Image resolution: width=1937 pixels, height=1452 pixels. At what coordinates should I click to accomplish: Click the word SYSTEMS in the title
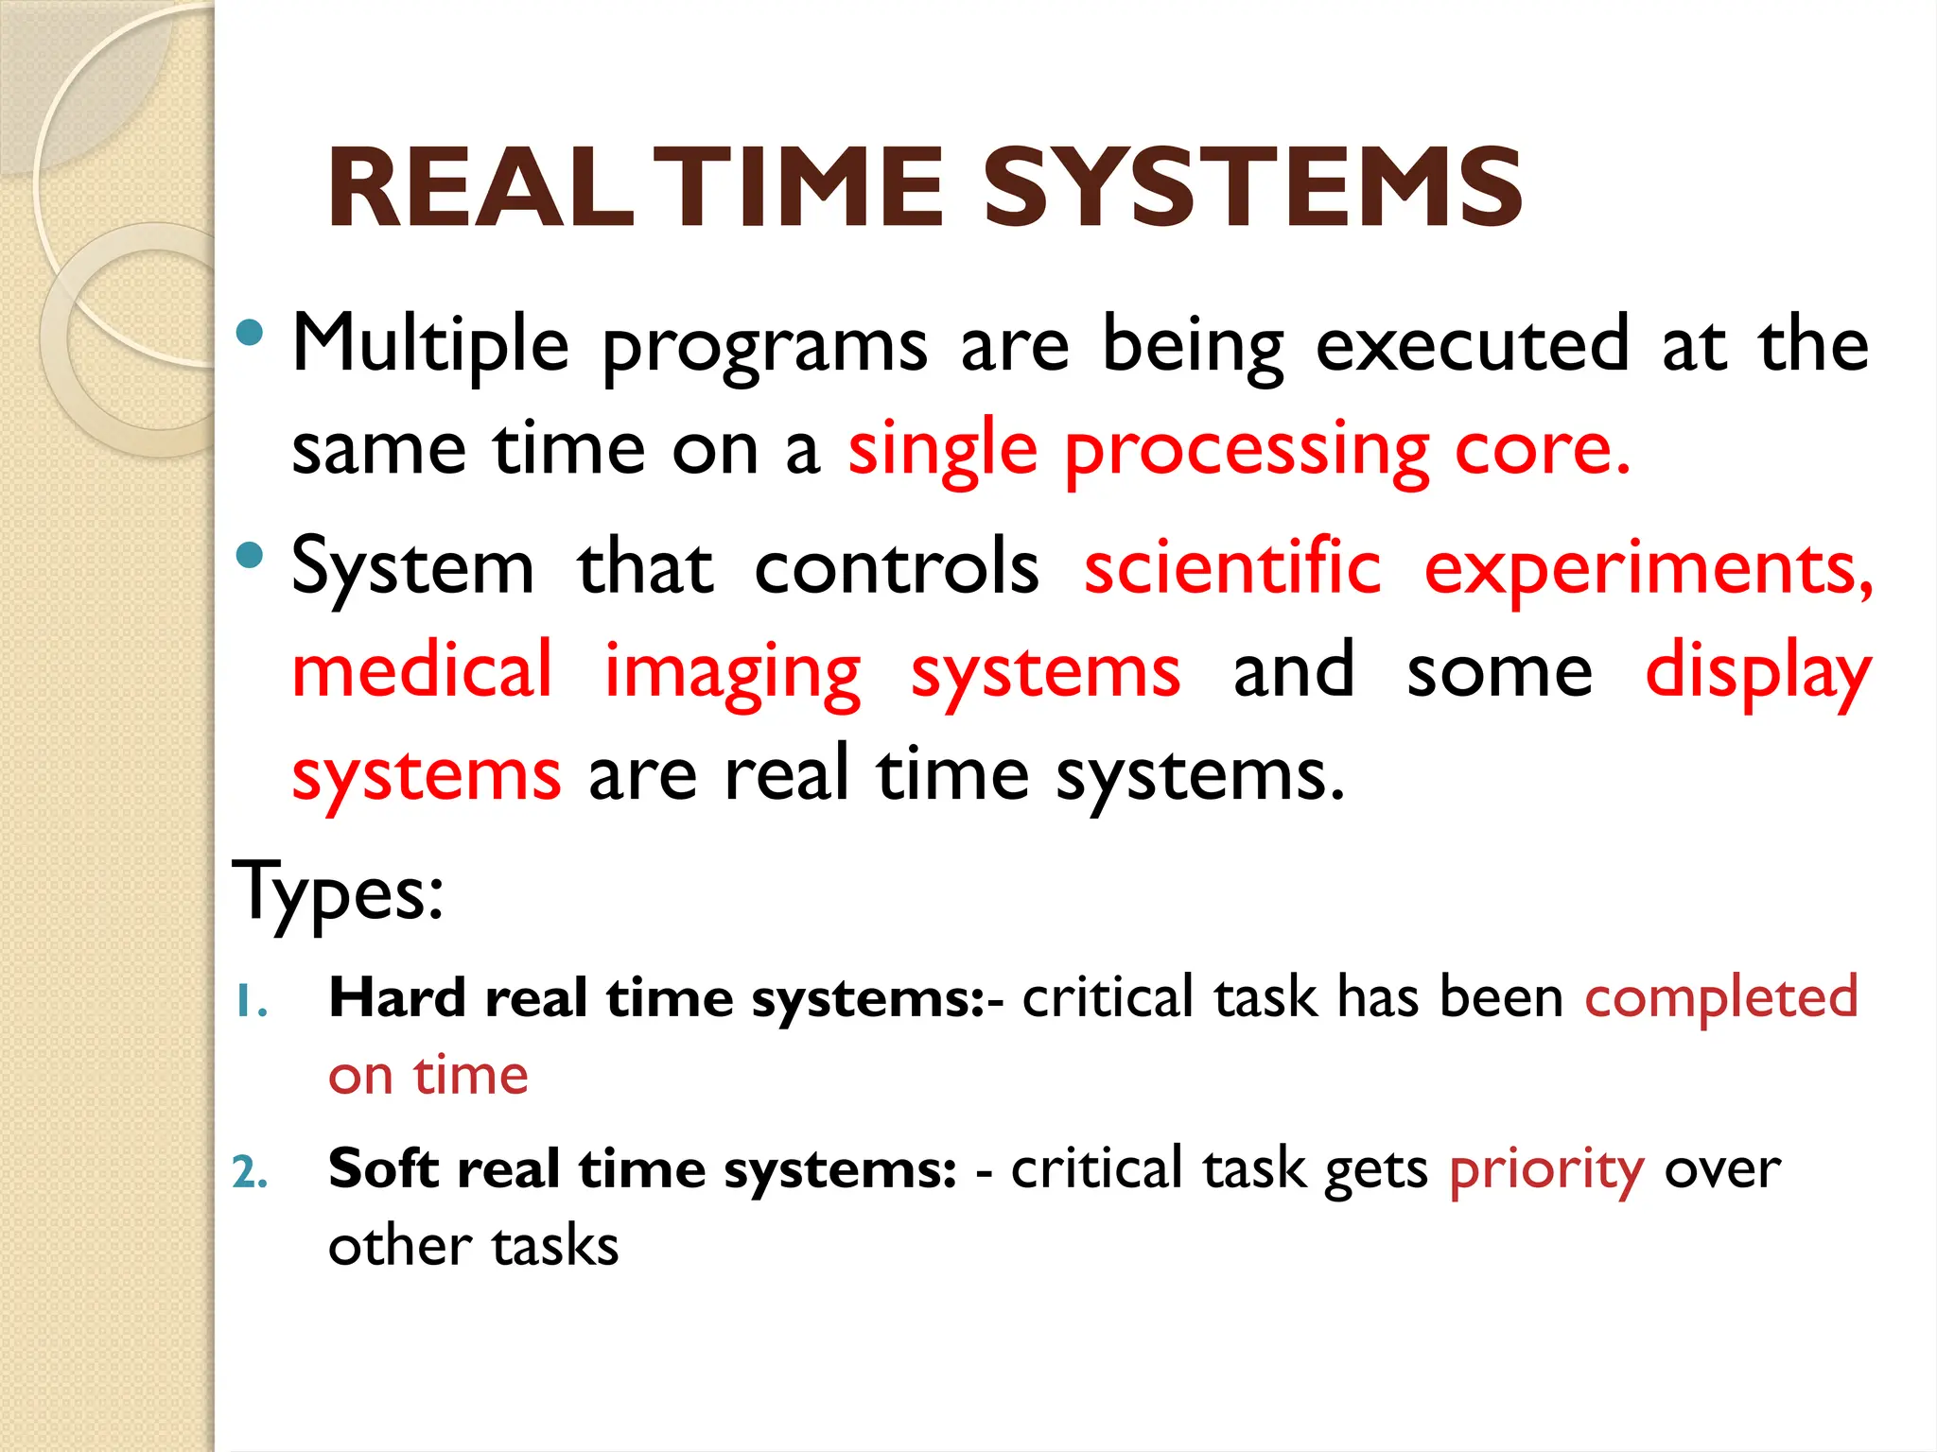click(1252, 188)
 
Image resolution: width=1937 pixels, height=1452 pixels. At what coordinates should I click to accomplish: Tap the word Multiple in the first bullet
click(430, 345)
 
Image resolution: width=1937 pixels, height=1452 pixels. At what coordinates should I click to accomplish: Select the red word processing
click(1247, 451)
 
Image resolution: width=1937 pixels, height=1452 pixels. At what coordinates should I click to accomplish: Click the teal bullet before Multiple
click(249, 333)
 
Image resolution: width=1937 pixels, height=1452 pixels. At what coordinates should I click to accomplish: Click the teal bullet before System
click(249, 556)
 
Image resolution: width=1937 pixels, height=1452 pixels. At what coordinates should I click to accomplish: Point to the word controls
click(897, 569)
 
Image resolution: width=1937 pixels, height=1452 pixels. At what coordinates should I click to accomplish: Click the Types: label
click(338, 892)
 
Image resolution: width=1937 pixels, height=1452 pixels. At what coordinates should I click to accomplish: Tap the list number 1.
click(251, 1003)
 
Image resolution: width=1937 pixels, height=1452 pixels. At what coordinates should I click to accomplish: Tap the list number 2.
click(251, 1173)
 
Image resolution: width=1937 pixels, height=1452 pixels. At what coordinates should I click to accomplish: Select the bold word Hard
click(397, 998)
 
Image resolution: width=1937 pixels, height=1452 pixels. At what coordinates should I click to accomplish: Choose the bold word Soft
click(383, 1168)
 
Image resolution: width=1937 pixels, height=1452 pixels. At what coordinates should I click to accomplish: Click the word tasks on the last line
click(555, 1246)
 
